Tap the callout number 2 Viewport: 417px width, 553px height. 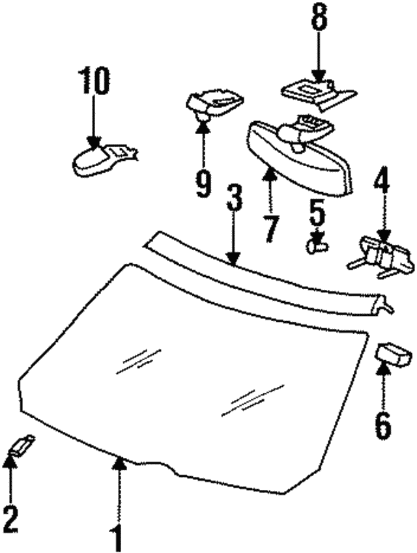(x=11, y=519)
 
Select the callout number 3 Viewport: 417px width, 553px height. (x=233, y=199)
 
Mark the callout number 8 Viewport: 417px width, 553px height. (x=319, y=16)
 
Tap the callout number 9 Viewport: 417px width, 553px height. (x=203, y=184)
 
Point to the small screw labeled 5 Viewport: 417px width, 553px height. (x=317, y=246)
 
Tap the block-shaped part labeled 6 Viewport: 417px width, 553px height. (x=394, y=356)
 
